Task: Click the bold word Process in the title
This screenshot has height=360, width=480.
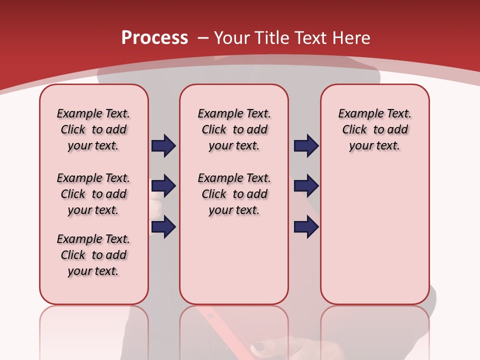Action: click(x=154, y=38)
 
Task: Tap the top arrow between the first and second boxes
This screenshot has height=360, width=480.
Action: click(x=163, y=145)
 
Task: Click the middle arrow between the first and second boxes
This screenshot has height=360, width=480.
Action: click(x=163, y=186)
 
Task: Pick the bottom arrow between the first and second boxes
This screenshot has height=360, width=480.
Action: click(x=163, y=227)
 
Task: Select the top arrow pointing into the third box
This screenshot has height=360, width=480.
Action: click(x=306, y=145)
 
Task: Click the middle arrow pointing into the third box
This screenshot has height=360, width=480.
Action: click(x=306, y=186)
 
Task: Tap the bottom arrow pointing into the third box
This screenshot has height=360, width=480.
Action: click(x=306, y=227)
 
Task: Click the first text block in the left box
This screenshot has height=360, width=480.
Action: click(x=93, y=129)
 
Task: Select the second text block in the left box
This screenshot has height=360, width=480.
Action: click(x=93, y=194)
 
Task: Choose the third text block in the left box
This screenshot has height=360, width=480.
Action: click(x=93, y=255)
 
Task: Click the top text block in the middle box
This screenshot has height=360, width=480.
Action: click(x=234, y=129)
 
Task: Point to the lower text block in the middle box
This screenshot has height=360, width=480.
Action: click(x=234, y=194)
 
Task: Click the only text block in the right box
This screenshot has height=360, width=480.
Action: click(x=374, y=129)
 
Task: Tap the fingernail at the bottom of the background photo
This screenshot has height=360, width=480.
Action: click(x=259, y=346)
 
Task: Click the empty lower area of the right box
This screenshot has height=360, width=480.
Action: click(x=374, y=235)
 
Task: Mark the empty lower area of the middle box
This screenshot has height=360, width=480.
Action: click(x=234, y=260)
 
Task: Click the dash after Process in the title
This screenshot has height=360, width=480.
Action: click(x=203, y=38)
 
